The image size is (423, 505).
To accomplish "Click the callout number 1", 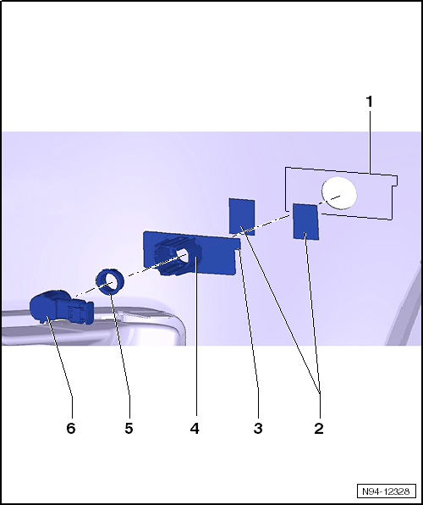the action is click(370, 102).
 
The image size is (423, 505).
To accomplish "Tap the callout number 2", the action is click(319, 429).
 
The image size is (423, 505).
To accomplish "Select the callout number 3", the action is click(258, 429).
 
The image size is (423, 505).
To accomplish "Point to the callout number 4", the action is click(195, 429).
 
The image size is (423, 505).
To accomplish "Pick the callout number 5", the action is click(129, 429).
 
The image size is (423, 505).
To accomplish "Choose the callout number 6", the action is click(71, 429).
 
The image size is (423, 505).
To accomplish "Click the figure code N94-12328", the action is click(386, 491).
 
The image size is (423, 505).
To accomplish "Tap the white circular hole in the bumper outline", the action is click(339, 193).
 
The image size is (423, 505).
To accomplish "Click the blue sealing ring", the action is click(110, 282).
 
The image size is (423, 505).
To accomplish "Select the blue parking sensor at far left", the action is click(61, 307).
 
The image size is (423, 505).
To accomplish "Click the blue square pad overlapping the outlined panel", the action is click(305, 222).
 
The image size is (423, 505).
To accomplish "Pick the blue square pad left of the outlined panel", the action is click(242, 216).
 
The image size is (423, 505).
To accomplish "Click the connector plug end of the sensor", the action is click(81, 311).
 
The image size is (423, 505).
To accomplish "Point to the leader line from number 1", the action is click(370, 142).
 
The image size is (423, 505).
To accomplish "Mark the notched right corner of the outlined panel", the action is click(395, 182).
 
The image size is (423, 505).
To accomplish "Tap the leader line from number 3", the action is click(250, 332).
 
